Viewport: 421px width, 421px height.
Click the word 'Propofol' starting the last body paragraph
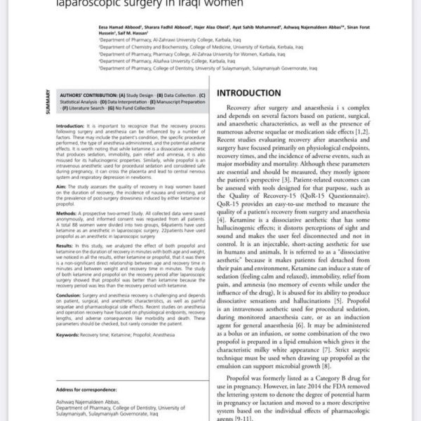pyautogui.click(x=243, y=376)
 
